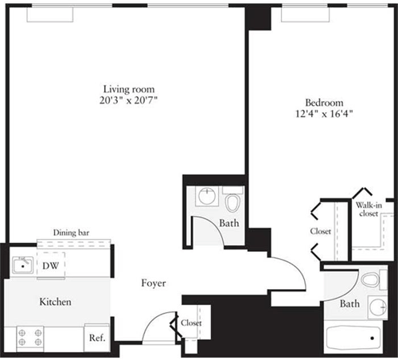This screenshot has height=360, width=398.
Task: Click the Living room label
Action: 129,89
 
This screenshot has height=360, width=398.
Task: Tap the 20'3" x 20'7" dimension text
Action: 129,100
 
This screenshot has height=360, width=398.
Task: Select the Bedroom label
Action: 324,103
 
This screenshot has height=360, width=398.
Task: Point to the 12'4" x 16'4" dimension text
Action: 324,114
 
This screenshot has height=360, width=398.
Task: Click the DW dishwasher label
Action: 51,265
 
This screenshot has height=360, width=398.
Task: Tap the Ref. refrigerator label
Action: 97,338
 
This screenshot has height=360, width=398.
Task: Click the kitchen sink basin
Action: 22,265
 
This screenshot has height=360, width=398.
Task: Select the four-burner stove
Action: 30,338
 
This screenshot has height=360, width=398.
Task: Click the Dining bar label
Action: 71,233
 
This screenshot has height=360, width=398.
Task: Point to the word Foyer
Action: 154,284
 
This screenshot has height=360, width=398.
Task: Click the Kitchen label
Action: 55,302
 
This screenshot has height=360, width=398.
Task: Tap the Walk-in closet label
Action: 369,209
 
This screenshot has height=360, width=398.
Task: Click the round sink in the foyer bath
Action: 207,196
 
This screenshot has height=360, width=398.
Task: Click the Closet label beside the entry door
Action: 191,323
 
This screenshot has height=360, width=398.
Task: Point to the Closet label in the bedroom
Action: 321,231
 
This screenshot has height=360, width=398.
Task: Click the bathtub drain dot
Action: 373,338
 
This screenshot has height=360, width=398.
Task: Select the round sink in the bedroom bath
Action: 378,307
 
